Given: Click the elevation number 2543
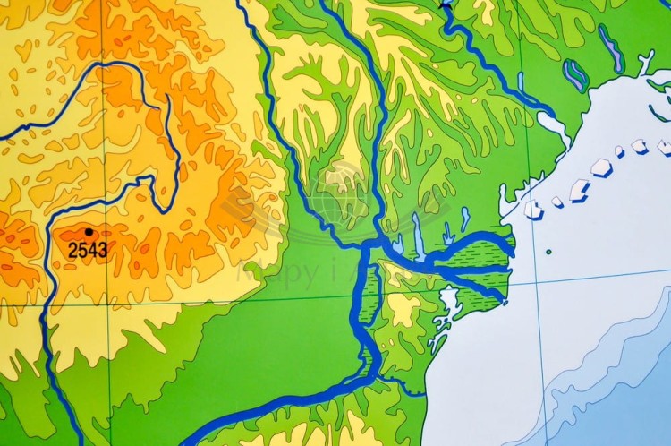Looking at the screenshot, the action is (88, 249).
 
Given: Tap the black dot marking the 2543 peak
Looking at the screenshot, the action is (88, 232).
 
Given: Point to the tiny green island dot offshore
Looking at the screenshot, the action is (548, 252).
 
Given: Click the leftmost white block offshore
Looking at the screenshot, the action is (534, 210).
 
